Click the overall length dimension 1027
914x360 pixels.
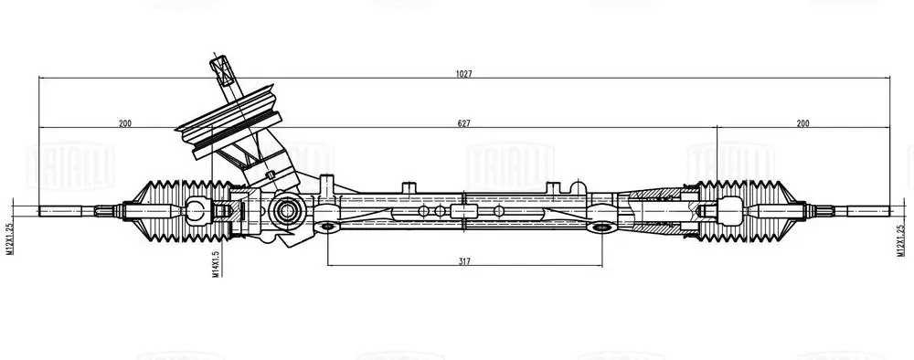point(465,74)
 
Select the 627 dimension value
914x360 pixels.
point(465,122)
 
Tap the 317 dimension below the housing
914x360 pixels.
point(465,261)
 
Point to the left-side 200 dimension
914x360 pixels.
point(125,122)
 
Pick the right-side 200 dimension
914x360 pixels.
point(803,122)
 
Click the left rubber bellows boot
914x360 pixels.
point(174,209)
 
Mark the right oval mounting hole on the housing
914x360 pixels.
point(600,228)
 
